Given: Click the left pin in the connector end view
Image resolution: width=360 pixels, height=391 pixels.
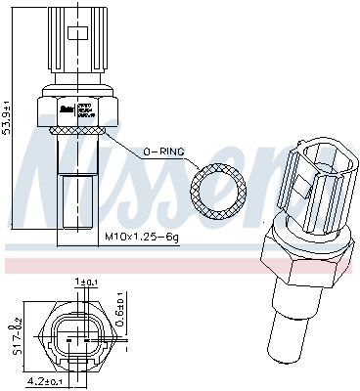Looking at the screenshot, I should [67, 339].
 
